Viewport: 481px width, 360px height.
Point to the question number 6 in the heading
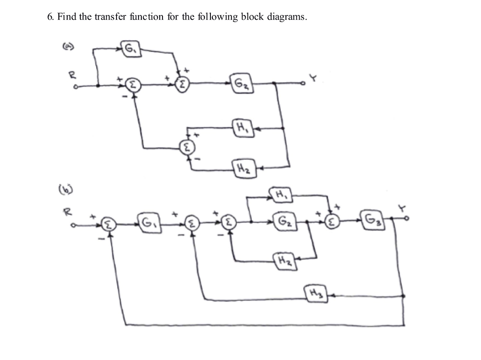[x=49, y=17]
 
